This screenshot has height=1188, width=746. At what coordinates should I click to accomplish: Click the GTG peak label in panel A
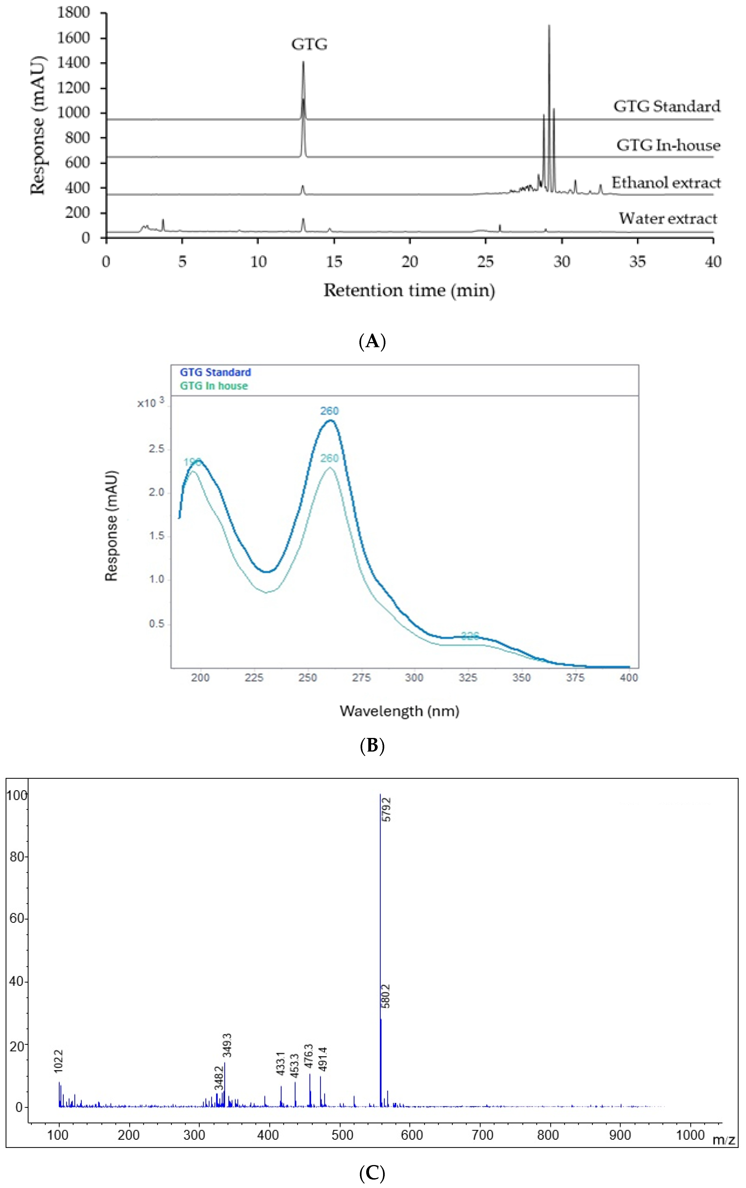click(309, 44)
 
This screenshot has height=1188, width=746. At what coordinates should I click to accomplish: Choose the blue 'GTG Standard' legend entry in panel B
click(215, 372)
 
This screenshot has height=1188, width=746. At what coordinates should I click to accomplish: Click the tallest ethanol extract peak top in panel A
click(549, 26)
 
